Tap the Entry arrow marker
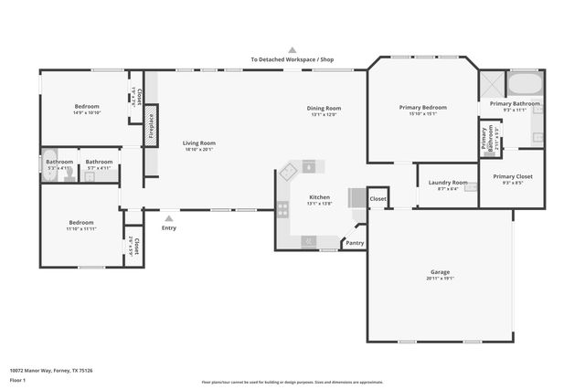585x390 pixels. pyautogui.click(x=168, y=217)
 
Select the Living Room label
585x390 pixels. pyautogui.click(x=198, y=142)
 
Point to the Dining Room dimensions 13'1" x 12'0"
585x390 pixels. pyautogui.click(x=324, y=115)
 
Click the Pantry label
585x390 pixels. pyautogui.click(x=354, y=243)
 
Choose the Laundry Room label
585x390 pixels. pyautogui.click(x=447, y=183)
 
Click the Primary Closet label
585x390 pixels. pyautogui.click(x=512, y=176)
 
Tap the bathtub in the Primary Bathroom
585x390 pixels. pyautogui.click(x=524, y=85)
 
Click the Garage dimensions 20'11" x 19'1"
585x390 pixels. pyautogui.click(x=441, y=278)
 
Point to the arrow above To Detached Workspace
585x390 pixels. pyautogui.click(x=292, y=50)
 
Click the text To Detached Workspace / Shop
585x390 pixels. pyautogui.click(x=292, y=59)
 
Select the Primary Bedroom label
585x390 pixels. pyautogui.click(x=423, y=107)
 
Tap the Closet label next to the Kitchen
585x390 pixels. pyautogui.click(x=378, y=198)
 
